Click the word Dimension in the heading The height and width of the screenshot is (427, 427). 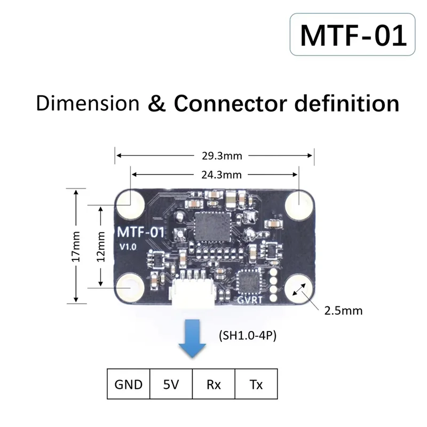tap(88, 102)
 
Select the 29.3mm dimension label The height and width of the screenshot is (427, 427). tap(215, 156)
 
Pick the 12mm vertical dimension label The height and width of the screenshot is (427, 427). tap(100, 246)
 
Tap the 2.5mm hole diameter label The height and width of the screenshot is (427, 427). tap(344, 310)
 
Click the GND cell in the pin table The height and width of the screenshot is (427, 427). tap(129, 384)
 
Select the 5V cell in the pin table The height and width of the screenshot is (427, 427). tap(171, 384)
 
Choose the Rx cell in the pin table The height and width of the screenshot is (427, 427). tap(213, 384)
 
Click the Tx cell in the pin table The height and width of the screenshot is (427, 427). tap(256, 384)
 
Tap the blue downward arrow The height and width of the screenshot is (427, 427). tap(192, 339)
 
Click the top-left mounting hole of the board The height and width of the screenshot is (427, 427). tap(131, 203)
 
